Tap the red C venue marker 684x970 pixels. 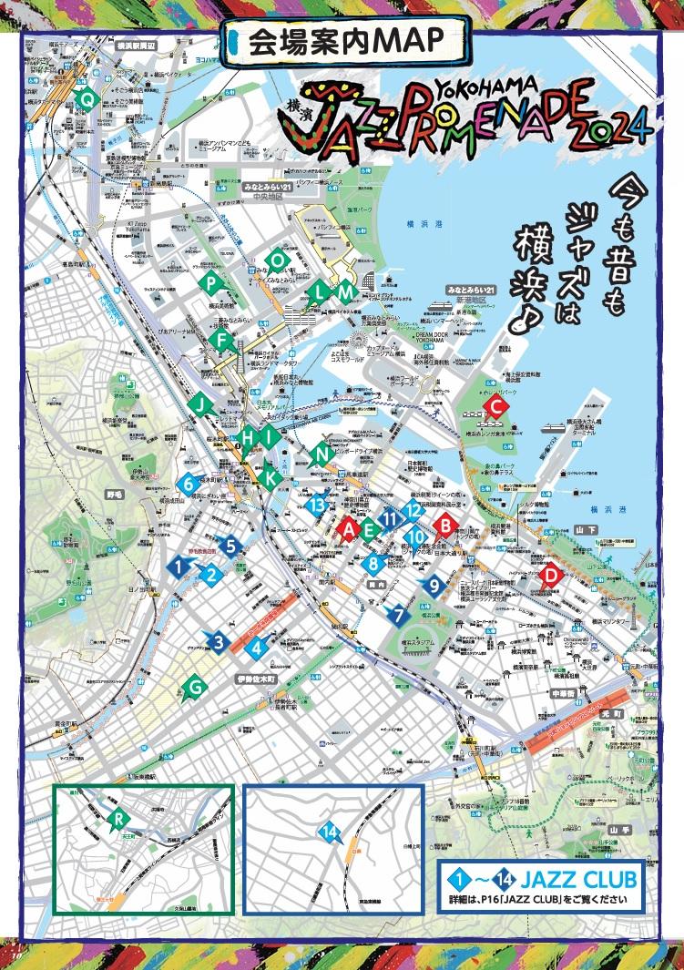click(x=495, y=407)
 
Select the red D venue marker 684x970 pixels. click(x=550, y=575)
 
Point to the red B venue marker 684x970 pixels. click(x=445, y=525)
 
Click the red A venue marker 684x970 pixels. click(x=347, y=527)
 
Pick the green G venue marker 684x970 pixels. click(x=193, y=687)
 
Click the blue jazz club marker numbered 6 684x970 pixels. click(x=189, y=484)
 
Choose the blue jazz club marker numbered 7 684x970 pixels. click(x=399, y=615)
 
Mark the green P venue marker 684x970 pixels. click(x=211, y=283)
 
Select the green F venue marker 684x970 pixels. click(x=219, y=342)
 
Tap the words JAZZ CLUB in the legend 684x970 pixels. click(x=578, y=881)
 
